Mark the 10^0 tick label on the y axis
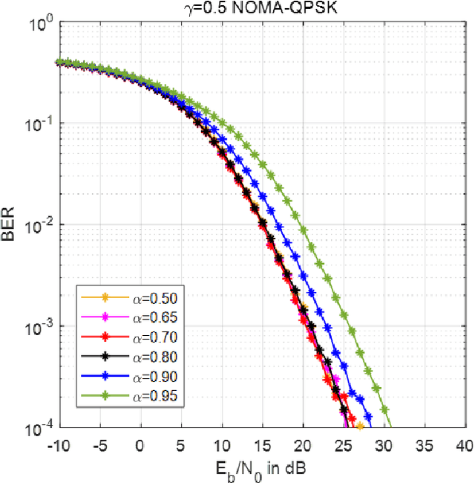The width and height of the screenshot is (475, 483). click(42, 22)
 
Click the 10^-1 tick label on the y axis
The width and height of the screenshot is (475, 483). click(40, 123)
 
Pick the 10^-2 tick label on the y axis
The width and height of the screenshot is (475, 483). click(40, 225)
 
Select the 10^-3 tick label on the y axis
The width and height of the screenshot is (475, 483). click(40, 327)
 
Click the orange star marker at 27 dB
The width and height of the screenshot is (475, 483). click(359, 427)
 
